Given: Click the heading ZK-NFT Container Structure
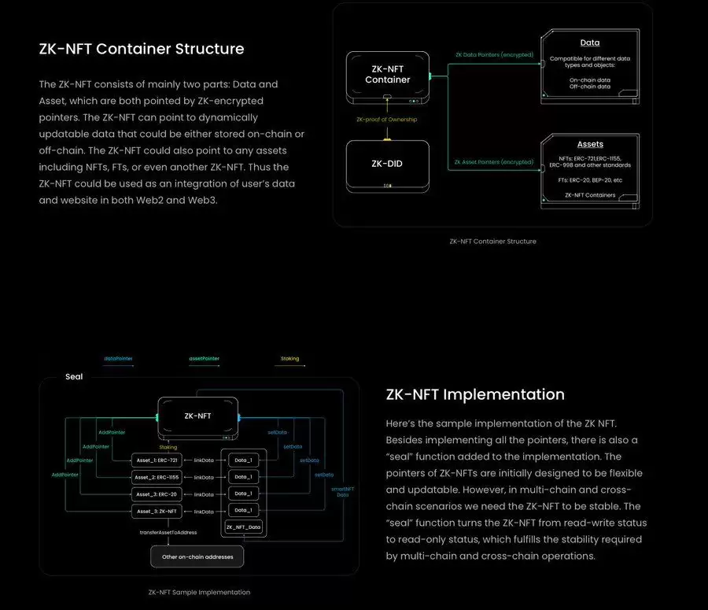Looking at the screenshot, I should tap(142, 49).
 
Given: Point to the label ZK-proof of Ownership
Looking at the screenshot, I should tap(387, 119).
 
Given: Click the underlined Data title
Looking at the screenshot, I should tap(590, 43).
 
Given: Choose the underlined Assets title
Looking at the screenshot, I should tap(590, 144).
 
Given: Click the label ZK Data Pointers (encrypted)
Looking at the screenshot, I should tap(494, 55).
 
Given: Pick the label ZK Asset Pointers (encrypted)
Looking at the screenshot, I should tap(494, 162).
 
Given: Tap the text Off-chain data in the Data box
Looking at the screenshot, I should tap(590, 87).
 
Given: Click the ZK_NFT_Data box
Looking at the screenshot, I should tap(244, 526).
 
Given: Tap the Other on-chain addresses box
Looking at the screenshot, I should tap(197, 556).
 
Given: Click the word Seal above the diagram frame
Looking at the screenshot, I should tap(73, 377).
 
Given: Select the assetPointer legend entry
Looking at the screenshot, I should tap(204, 359).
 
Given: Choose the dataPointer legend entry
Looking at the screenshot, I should tap(118, 359).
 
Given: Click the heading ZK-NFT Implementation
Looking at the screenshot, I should tap(475, 394).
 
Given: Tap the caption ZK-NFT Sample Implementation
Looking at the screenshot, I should tap(199, 592).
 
